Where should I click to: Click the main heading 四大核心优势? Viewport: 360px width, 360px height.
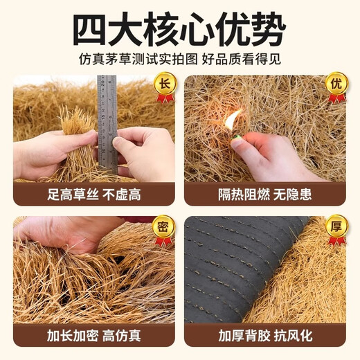[179, 28]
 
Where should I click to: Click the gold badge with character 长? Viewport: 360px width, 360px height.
[164, 83]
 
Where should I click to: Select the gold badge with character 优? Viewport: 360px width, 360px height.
[336, 83]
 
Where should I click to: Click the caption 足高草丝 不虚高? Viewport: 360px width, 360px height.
[93, 194]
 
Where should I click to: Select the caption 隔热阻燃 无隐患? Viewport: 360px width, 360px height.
[265, 194]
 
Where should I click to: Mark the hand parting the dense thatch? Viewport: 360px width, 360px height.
[69, 233]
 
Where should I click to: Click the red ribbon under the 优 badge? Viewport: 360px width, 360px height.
[336, 98]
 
